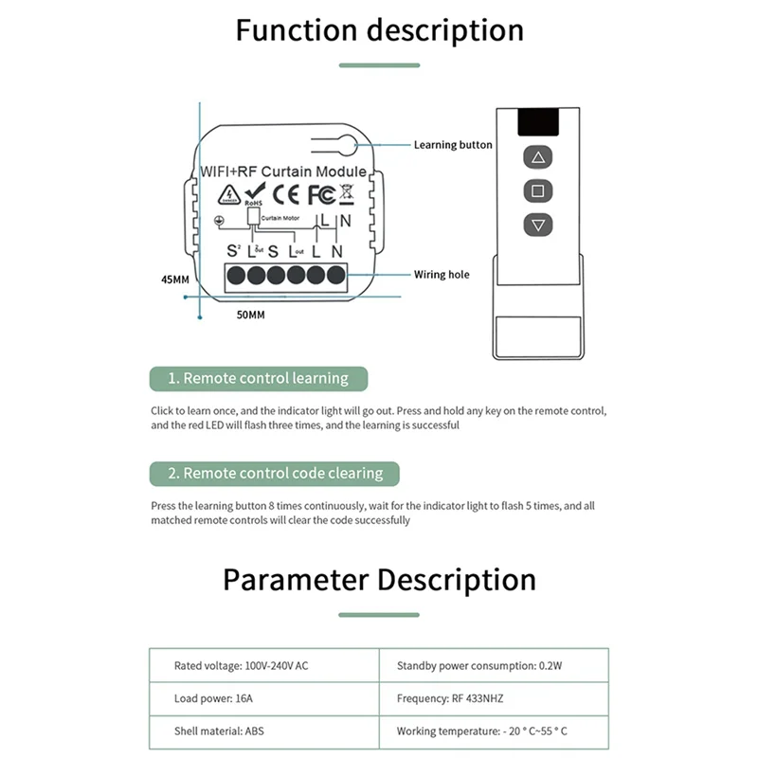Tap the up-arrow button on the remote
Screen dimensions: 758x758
click(x=538, y=157)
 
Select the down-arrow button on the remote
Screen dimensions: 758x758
click(x=538, y=225)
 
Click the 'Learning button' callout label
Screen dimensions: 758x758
click(x=453, y=145)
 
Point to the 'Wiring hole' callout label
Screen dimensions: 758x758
click(x=442, y=275)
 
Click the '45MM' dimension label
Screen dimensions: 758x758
click(x=175, y=280)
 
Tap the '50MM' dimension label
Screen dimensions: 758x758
click(x=249, y=314)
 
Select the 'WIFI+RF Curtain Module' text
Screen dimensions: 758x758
click(x=282, y=171)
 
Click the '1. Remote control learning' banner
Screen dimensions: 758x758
click(x=258, y=378)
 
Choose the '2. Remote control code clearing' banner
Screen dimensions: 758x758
click(x=275, y=473)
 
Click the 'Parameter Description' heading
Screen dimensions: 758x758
click(x=379, y=579)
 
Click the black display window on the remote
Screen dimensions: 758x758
click(x=537, y=122)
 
